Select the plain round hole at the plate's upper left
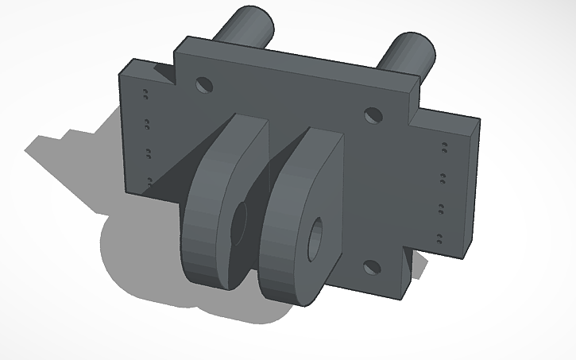[x=204, y=83]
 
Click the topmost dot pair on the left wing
[x=145, y=95]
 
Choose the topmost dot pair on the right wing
[x=444, y=145]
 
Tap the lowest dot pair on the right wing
[x=439, y=236]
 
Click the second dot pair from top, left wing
[x=146, y=123]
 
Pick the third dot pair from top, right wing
[x=441, y=208]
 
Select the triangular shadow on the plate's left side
[x=171, y=171]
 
